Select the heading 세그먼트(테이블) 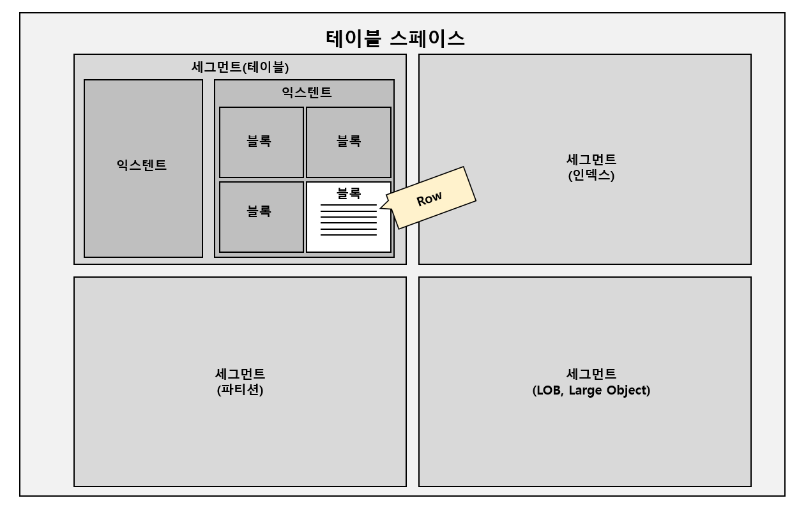coord(240,66)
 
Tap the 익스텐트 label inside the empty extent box coord(142,165)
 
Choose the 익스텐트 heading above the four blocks coord(307,92)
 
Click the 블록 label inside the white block coord(349,193)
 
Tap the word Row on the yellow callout coord(429,199)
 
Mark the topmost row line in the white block coord(349,205)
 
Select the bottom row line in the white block coord(349,235)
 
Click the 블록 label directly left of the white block coord(259,211)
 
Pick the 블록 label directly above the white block coord(349,141)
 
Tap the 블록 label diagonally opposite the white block coord(259,141)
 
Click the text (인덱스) coord(591,175)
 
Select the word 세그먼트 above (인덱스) coord(591,160)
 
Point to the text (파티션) coord(240,389)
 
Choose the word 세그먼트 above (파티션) coord(240,374)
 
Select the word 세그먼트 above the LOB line coord(591,374)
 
